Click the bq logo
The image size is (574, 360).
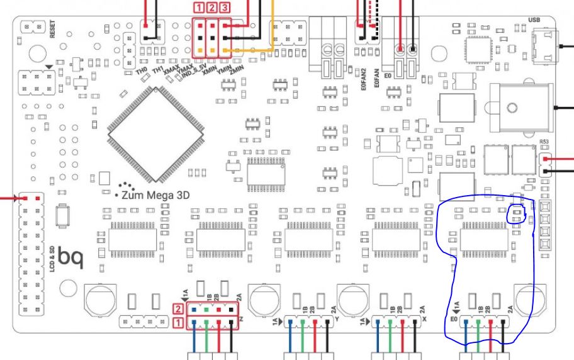coord(69,256)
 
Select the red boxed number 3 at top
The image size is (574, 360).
coord(225,8)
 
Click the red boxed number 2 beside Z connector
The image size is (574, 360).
coord(179,309)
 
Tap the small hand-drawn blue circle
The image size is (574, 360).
coord(517,215)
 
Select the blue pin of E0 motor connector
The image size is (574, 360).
coord(464,323)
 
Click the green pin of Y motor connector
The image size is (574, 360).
coord(302,323)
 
